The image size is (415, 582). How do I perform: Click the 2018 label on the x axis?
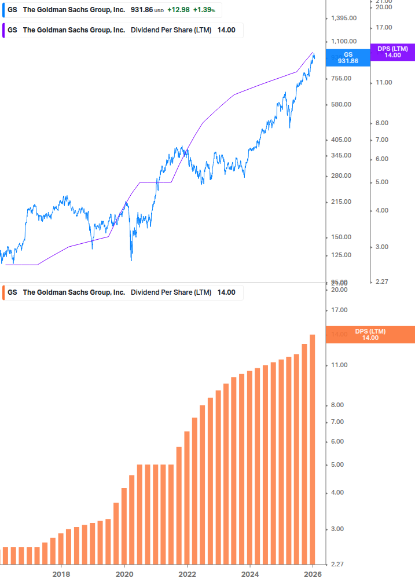(x=61, y=574)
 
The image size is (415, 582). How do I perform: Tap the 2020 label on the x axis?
(x=124, y=574)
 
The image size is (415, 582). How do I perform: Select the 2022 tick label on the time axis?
(x=187, y=574)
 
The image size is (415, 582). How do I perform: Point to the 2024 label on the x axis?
(x=249, y=574)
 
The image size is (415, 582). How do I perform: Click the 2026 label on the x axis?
(x=313, y=574)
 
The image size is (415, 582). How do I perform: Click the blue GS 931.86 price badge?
(x=348, y=57)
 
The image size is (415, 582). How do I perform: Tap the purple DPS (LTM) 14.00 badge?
(x=392, y=52)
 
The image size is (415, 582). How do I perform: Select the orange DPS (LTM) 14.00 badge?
(x=370, y=335)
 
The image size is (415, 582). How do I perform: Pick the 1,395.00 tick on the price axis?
(x=343, y=19)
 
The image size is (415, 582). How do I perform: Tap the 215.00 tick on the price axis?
(x=340, y=202)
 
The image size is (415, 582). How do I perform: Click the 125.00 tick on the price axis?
(x=340, y=255)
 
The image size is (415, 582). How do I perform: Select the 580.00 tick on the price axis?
(x=340, y=104)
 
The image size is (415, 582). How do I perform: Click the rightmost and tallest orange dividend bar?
(x=313, y=449)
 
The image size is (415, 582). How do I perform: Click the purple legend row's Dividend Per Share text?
(x=171, y=30)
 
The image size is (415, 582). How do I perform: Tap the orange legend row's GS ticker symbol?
(x=12, y=292)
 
